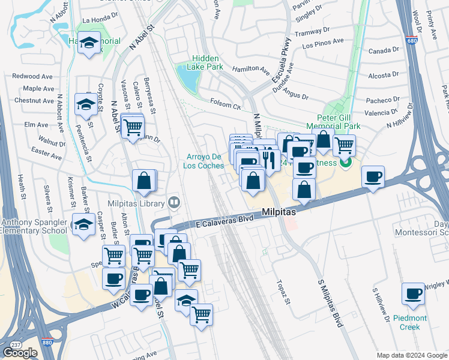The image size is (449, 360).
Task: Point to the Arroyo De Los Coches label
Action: click(x=203, y=161)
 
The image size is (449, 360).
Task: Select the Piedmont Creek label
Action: click(x=411, y=322)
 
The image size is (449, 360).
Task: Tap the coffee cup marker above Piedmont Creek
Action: click(x=413, y=294)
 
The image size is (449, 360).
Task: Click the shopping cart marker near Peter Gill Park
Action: click(x=344, y=145)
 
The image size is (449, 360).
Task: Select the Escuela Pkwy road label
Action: click(x=281, y=60)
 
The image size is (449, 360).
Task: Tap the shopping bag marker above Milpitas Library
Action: click(x=145, y=180)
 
